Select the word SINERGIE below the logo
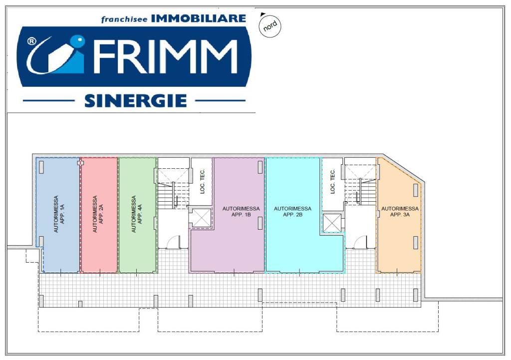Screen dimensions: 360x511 pyautogui.click(x=135, y=101)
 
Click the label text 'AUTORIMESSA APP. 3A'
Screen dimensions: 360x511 pyautogui.click(x=400, y=211)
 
